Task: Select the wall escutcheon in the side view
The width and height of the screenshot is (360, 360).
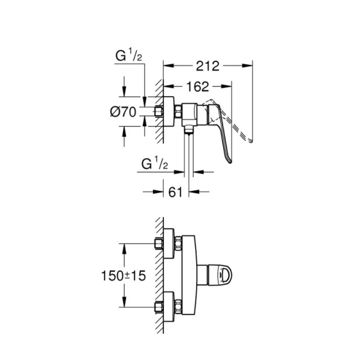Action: click(178, 112)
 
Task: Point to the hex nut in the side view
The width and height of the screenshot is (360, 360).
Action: click(160, 112)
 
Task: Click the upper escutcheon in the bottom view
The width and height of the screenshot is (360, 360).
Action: click(178, 244)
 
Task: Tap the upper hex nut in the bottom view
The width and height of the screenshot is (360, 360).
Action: click(160, 244)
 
